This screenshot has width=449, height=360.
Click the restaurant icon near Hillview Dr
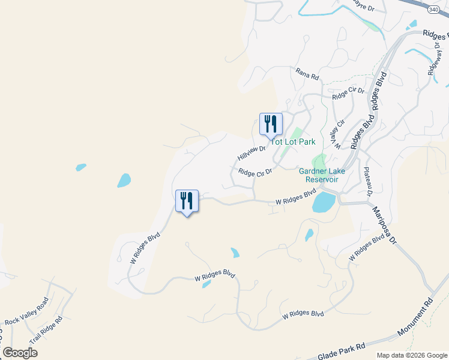270,124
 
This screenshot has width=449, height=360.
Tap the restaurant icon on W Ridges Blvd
186,201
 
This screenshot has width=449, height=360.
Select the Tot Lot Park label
293,142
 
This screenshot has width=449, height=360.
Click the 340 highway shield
433,10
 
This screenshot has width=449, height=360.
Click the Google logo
20,353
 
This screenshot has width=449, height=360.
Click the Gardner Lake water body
324,202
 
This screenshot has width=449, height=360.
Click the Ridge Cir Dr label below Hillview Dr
255,172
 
